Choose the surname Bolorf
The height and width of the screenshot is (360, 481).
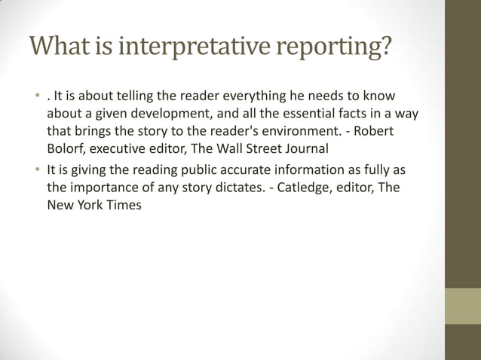point(66,147)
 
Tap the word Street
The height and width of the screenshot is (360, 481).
point(257,147)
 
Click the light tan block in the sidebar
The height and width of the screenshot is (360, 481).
point(463,306)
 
